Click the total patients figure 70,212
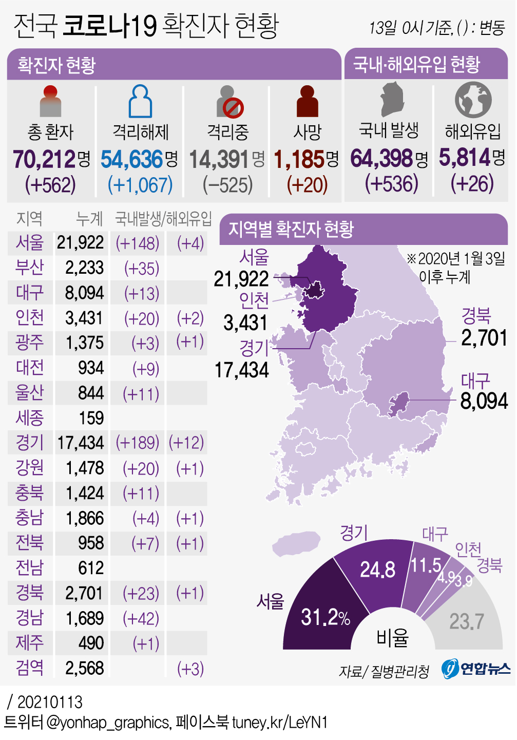(45, 159)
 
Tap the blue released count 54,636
(132, 159)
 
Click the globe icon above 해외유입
(473, 100)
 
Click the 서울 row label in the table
(30, 242)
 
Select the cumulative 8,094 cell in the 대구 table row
(84, 293)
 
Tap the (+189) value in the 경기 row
(137, 443)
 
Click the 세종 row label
(30, 418)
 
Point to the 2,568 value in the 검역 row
(84, 668)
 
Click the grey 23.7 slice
(466, 621)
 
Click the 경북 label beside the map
(476, 315)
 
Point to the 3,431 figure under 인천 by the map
(245, 323)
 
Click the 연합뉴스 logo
(476, 669)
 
